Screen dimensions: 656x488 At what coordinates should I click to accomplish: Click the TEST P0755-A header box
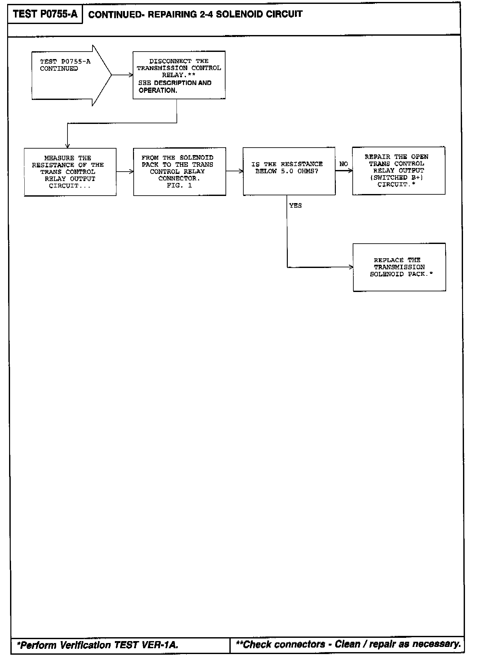(x=45, y=15)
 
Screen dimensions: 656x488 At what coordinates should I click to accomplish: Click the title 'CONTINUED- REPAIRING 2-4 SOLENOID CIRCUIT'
(x=195, y=15)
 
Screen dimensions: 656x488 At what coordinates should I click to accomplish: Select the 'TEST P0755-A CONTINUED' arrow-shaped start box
(x=68, y=75)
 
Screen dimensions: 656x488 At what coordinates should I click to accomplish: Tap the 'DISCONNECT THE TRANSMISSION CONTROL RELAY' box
(x=179, y=75)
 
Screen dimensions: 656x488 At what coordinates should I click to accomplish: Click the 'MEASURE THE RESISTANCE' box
(x=70, y=172)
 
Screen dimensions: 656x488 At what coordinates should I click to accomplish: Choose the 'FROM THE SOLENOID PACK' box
(x=179, y=172)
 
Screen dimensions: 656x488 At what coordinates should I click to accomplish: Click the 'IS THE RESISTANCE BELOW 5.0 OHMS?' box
(x=289, y=171)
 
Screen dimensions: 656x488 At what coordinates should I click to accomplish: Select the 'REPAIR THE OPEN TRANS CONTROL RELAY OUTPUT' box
(x=398, y=171)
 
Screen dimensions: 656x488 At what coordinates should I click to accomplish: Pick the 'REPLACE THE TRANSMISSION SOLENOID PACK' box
(x=399, y=267)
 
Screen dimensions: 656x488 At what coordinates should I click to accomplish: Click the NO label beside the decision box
(x=344, y=164)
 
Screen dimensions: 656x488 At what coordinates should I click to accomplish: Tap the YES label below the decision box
(x=295, y=206)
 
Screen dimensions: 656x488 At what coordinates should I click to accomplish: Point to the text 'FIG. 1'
(x=179, y=186)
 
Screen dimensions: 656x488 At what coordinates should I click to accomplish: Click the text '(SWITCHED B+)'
(x=396, y=177)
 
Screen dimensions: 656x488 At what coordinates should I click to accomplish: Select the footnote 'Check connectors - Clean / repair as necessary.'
(x=348, y=644)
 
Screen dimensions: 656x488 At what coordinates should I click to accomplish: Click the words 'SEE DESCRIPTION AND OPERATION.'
(x=175, y=87)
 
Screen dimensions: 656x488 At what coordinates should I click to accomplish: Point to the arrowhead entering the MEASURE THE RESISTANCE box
(x=67, y=146)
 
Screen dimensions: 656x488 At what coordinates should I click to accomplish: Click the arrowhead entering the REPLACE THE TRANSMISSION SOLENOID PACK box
(x=351, y=267)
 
